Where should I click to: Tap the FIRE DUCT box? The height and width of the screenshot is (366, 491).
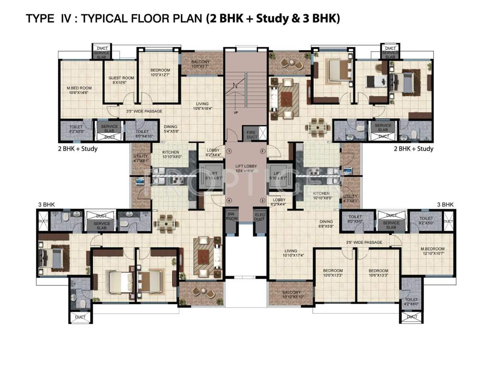(x=251, y=134)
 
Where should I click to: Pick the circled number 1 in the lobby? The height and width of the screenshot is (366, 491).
(x=229, y=152)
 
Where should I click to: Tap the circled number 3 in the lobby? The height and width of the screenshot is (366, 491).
(x=262, y=200)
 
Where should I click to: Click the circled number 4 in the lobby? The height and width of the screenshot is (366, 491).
(x=229, y=200)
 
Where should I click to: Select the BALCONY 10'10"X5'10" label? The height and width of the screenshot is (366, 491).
(x=291, y=295)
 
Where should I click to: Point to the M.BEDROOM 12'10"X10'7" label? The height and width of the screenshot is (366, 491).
(x=432, y=251)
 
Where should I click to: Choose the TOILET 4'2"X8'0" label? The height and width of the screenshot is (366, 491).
(x=411, y=302)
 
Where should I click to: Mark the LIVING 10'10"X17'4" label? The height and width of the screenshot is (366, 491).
(x=291, y=253)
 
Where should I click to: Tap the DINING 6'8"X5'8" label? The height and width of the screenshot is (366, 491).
(x=326, y=224)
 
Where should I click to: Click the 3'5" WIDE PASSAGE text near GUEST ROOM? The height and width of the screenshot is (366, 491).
(x=144, y=112)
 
